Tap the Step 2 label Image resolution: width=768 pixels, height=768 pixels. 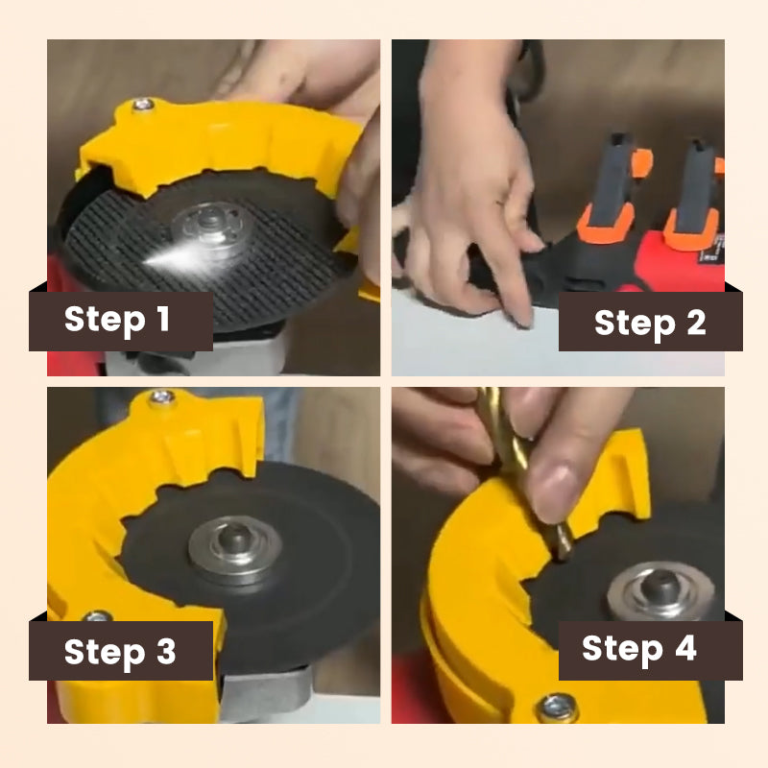tap(650, 323)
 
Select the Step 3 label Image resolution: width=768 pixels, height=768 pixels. tap(120, 652)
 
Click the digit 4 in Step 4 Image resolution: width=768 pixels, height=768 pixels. tap(685, 650)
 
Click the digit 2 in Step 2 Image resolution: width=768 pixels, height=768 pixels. tap(693, 323)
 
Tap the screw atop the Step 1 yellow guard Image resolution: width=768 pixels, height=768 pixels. tap(144, 104)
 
